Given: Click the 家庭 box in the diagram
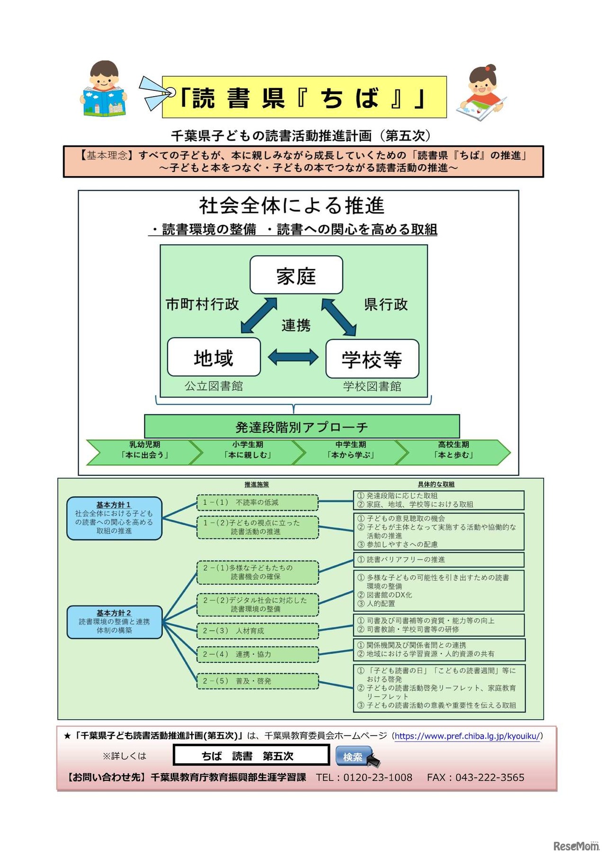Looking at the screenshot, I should click(296, 275).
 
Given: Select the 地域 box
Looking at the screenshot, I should click(214, 357).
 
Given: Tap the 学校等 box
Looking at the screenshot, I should click(372, 359).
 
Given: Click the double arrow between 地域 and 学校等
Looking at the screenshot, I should click(293, 357).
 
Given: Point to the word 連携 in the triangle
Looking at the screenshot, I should click(296, 325).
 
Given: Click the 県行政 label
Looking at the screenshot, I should click(386, 304).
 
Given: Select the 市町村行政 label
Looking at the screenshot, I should click(202, 304).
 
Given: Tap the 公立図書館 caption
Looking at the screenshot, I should click(214, 386).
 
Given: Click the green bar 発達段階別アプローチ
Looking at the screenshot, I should click(302, 427).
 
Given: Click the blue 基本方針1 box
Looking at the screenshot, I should click(114, 518).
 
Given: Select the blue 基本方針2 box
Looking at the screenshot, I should click(114, 622).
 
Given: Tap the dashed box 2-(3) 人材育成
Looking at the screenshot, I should click(258, 631).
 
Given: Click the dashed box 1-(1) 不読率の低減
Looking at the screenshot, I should click(258, 502).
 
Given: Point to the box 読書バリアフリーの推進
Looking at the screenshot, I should click(438, 560).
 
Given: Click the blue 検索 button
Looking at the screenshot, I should click(353, 757).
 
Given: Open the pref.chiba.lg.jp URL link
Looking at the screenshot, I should click(467, 736).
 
